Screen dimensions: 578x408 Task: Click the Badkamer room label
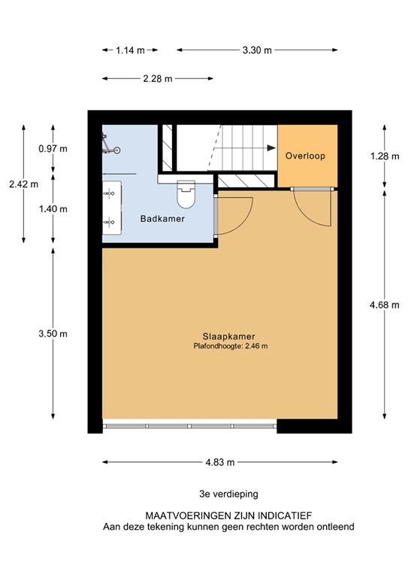tap(162, 219)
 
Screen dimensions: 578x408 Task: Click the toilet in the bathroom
tap(184, 196)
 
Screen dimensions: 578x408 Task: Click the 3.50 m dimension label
tap(53, 333)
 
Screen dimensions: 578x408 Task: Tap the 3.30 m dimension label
tap(257, 50)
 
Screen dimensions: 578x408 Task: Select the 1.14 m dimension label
tap(130, 50)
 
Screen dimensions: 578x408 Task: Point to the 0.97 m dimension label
tap(53, 148)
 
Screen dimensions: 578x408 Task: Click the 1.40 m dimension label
tap(53, 208)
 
